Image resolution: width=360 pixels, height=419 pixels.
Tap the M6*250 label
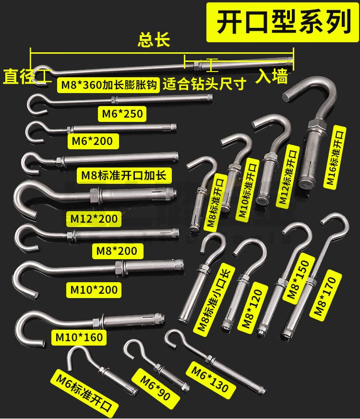pyautogui.click(x=121, y=114)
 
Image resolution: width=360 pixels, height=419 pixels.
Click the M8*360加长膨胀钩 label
pyautogui.click(x=115, y=86)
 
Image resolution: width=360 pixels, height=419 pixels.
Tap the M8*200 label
pyautogui.click(x=117, y=250)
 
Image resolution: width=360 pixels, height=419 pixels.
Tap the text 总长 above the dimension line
pyautogui.click(x=154, y=39)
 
